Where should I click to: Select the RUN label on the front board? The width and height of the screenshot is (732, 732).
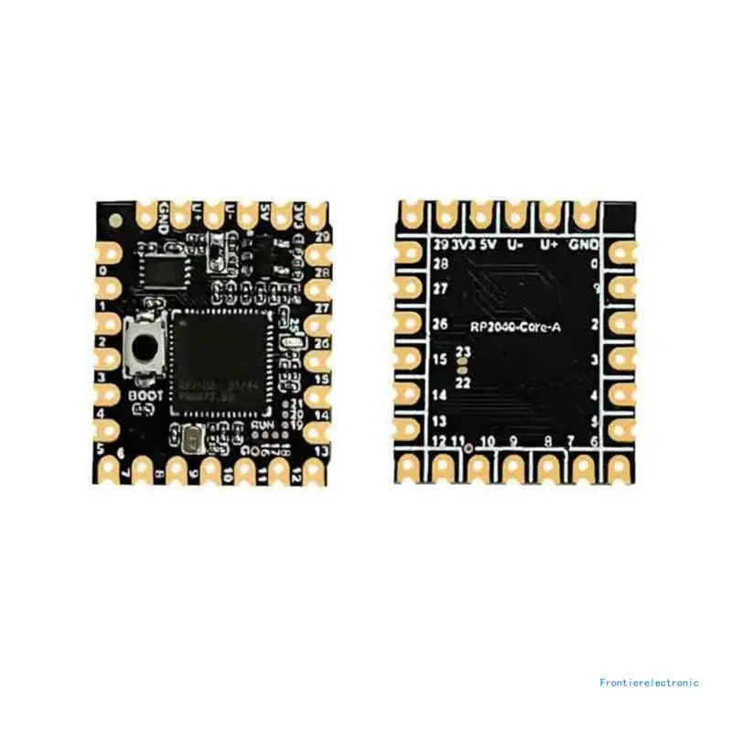(x=263, y=425)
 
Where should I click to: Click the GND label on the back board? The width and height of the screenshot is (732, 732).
(x=584, y=245)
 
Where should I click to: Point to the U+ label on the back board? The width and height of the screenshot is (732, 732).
(x=549, y=245)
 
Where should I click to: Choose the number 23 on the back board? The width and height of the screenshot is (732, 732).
(x=462, y=352)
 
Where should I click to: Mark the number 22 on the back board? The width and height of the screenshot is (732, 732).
(x=462, y=382)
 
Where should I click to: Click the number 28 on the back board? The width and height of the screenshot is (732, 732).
(x=440, y=264)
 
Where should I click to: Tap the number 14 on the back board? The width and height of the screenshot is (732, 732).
(x=439, y=395)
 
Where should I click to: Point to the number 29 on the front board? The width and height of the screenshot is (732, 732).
(x=322, y=237)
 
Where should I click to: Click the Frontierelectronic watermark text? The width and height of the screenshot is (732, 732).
(x=649, y=682)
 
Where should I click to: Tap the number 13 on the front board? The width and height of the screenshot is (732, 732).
(x=321, y=450)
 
